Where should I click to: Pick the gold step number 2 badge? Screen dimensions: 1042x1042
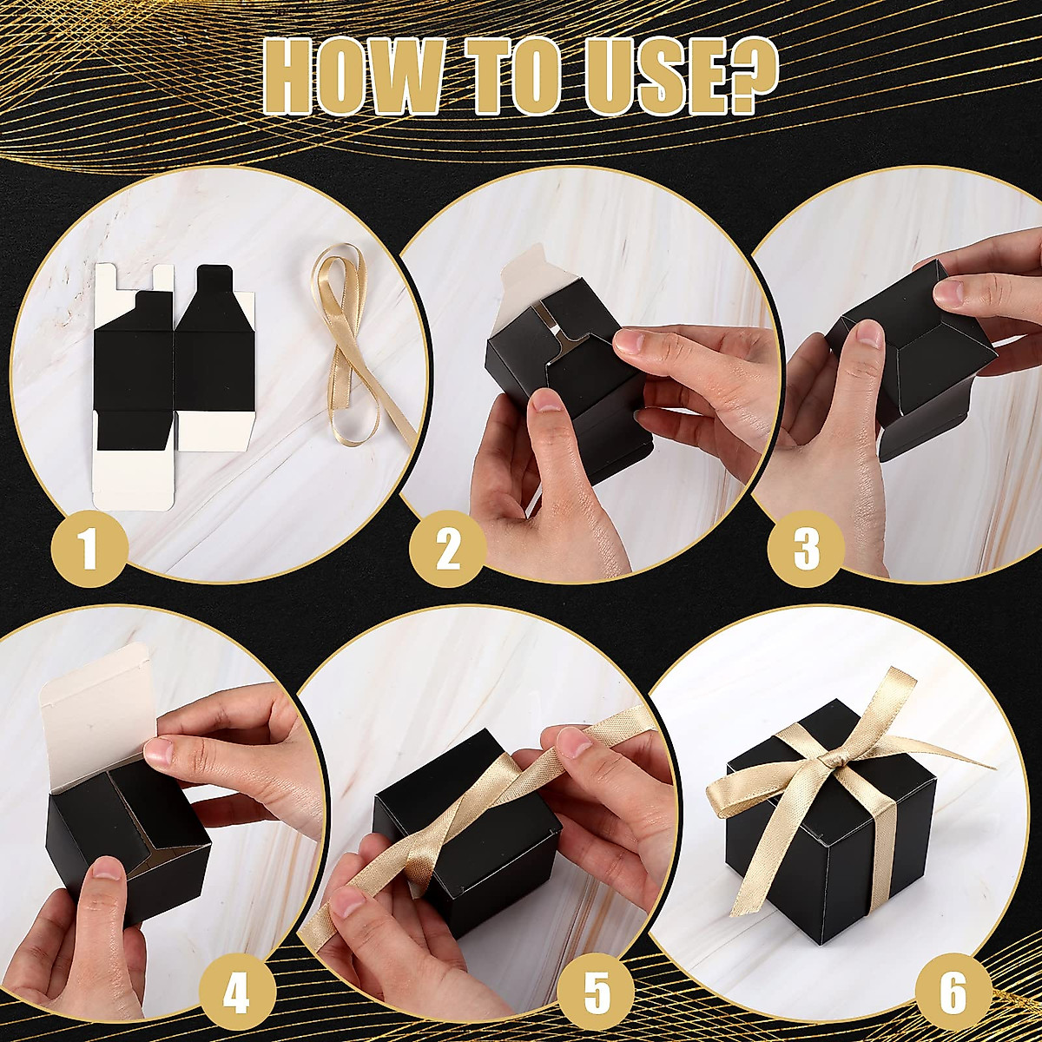[448, 549]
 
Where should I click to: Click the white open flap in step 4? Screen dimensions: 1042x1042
[100, 729]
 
